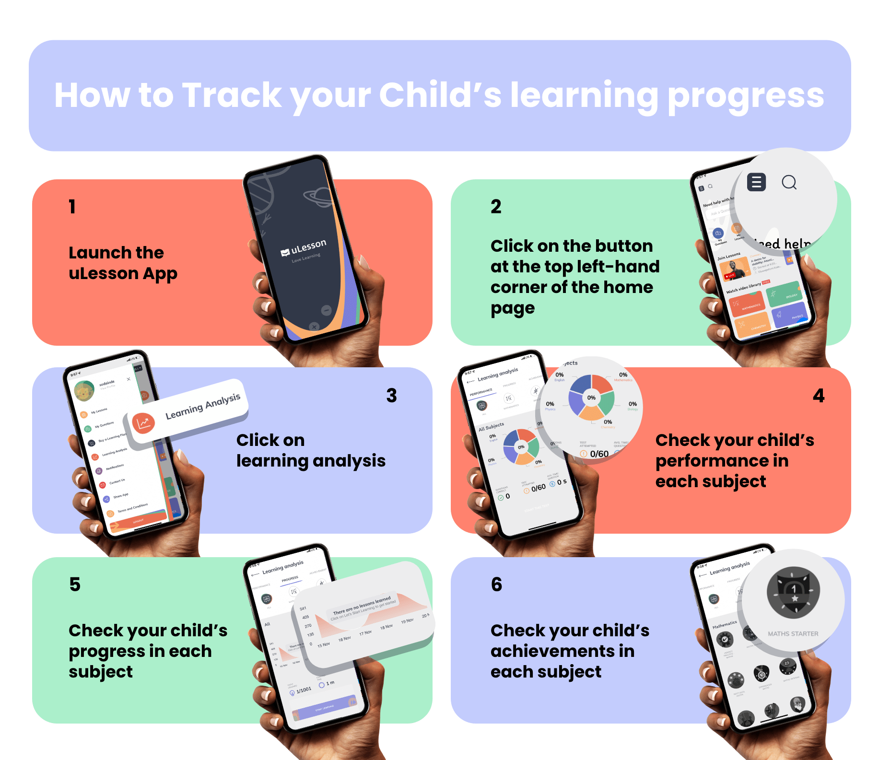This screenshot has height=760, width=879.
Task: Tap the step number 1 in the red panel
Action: coord(72,207)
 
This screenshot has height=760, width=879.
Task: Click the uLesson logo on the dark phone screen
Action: coord(304,248)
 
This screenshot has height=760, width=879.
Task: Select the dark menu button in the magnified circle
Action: coord(756,182)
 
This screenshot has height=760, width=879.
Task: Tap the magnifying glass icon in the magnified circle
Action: coord(789,182)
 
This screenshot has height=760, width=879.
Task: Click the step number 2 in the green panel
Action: coord(496,207)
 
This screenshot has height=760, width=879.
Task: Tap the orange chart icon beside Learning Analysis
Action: coord(143,423)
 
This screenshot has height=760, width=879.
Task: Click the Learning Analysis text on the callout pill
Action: coord(202,406)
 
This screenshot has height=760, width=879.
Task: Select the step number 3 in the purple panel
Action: coord(391,396)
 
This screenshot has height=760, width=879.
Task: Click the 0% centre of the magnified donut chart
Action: coord(591,398)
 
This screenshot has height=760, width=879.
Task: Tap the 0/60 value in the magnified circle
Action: coord(599,454)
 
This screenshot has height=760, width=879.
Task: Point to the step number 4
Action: coord(819,396)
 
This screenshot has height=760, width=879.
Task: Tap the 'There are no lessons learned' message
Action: coord(362,606)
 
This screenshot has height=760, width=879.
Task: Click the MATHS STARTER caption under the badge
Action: coord(793,634)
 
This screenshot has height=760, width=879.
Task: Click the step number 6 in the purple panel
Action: coord(496,585)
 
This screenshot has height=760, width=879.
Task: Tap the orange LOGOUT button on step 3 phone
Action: coord(138,521)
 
